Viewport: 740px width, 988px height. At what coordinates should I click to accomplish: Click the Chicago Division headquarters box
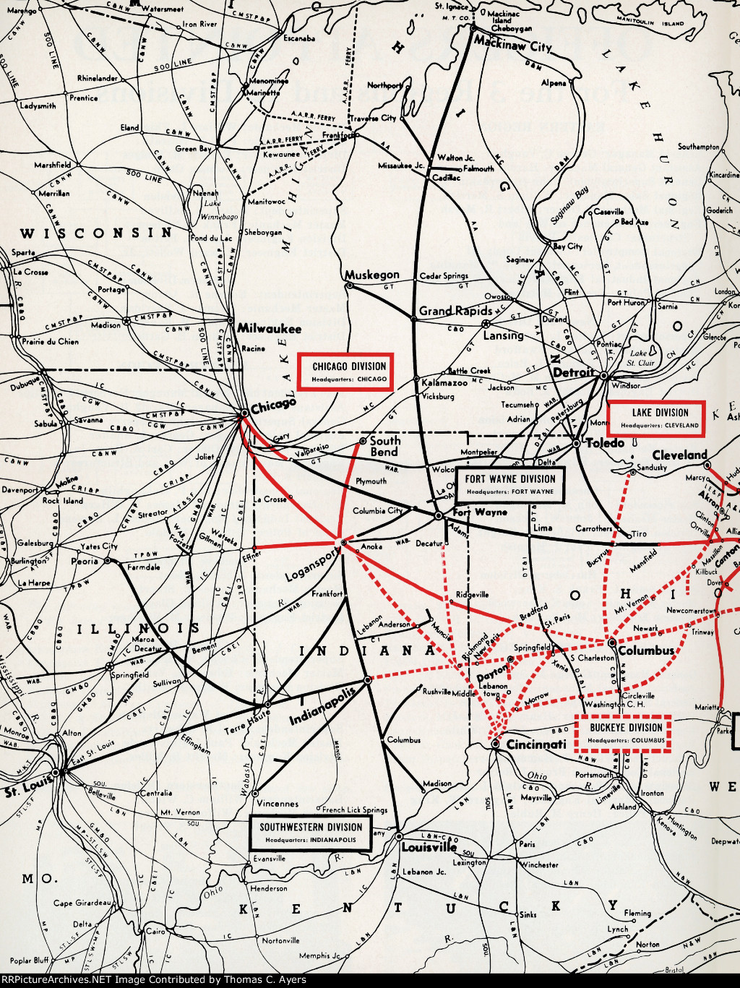pos(349,372)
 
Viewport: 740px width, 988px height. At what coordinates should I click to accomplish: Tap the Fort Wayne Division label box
pos(511,484)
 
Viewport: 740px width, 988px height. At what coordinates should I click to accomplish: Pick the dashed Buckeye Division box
pos(625,733)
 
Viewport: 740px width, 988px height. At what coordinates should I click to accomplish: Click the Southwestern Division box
pos(311,833)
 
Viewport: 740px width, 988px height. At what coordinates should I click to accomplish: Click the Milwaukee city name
pos(269,328)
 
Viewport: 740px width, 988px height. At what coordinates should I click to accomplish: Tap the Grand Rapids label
pos(455,311)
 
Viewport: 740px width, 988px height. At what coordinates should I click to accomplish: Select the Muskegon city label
pos(371,275)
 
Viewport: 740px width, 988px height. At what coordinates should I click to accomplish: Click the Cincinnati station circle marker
pos(495,743)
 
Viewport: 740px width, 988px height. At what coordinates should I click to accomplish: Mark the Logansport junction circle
pos(344,542)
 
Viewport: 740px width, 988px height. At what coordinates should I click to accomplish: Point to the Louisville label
pos(429,847)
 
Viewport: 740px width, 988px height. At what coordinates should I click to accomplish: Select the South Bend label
pos(384,446)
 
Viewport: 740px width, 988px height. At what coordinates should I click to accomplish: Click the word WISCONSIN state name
pos(96,233)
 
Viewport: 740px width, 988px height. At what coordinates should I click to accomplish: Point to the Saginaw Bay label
pos(571,205)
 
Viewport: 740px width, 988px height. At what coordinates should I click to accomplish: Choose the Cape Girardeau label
pos(82,903)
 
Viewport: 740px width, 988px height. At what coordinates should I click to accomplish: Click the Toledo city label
pos(605,442)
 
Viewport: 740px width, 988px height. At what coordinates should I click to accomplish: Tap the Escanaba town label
pos(298,38)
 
